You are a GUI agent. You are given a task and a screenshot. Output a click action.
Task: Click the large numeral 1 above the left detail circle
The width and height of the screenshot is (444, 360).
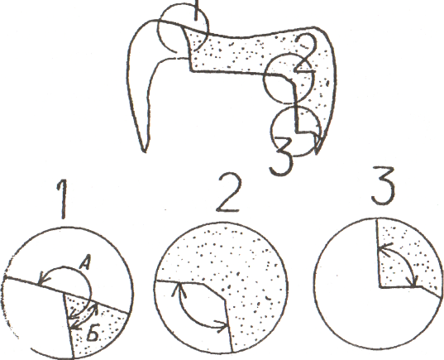click(63, 199)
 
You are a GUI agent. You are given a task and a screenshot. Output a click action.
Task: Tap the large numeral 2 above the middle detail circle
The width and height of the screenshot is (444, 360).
click(229, 193)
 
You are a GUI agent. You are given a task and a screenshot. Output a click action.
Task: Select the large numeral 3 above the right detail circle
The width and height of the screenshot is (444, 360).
click(383, 185)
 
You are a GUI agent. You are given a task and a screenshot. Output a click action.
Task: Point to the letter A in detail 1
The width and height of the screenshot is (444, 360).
click(84, 264)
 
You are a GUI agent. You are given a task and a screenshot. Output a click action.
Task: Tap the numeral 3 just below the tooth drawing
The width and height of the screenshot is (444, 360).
click(281, 156)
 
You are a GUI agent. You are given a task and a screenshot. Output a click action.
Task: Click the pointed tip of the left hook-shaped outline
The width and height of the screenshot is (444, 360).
click(145, 152)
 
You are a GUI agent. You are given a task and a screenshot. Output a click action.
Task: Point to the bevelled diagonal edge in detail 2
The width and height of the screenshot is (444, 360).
click(214, 291)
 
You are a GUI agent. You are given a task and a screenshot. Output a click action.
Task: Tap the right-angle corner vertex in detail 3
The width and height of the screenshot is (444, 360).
click(380, 287)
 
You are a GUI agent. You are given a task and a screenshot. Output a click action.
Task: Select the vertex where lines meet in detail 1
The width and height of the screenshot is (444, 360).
click(64, 294)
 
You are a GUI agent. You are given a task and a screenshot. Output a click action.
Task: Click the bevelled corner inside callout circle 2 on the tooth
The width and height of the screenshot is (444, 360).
click(289, 79)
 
